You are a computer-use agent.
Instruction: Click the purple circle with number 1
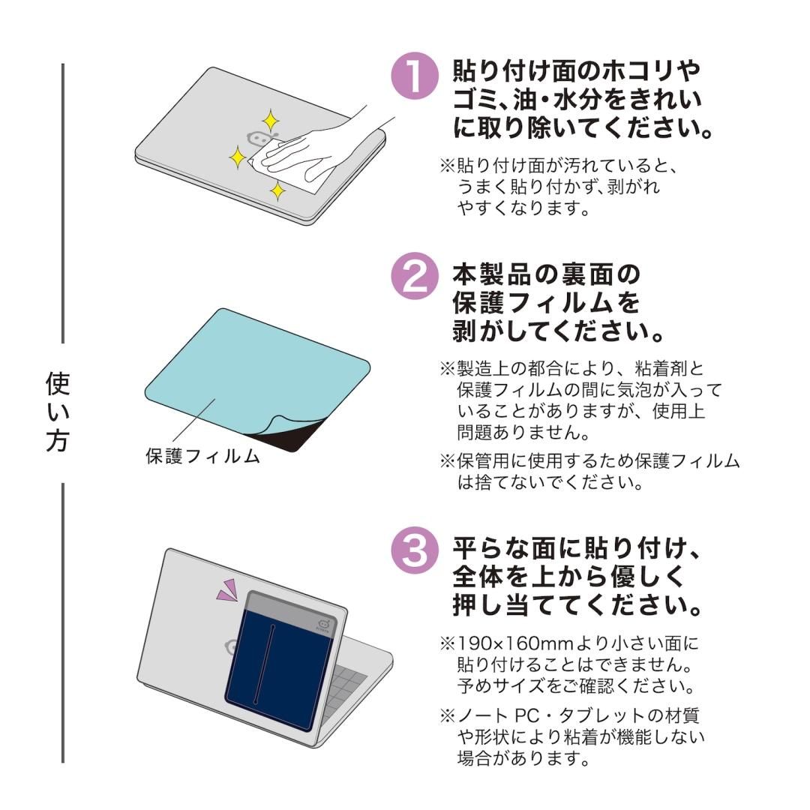point(415,77)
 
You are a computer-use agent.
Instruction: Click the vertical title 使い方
point(58,413)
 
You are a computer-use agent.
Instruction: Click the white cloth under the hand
point(300,169)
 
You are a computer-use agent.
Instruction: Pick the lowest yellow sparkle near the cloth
point(277,190)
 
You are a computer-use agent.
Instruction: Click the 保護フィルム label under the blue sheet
point(202,456)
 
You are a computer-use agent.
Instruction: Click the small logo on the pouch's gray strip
point(325,625)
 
